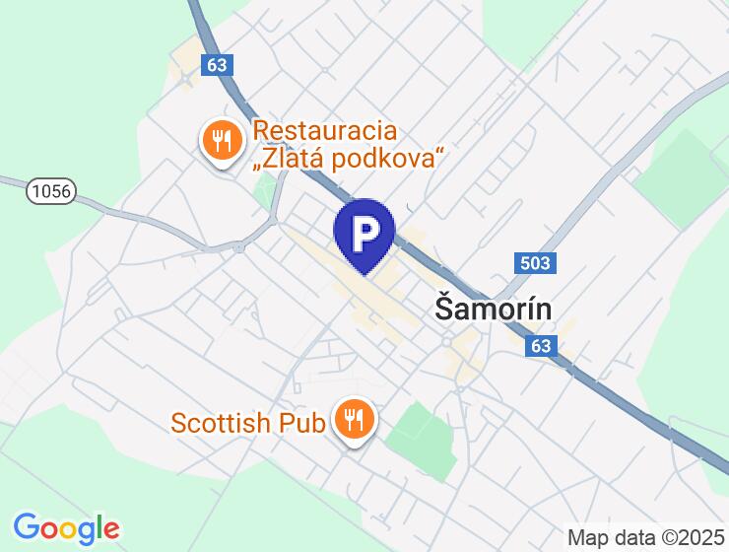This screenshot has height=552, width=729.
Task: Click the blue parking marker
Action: click(364, 235)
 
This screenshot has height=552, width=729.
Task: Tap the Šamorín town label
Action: click(493, 309)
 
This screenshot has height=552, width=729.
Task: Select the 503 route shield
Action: click(536, 262)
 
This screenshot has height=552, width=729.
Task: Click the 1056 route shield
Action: click(51, 190)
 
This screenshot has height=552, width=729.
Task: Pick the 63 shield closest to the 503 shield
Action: click(540, 346)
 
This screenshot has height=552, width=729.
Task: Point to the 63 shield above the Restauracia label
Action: click(218, 64)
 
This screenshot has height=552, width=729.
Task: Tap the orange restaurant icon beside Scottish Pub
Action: click(353, 420)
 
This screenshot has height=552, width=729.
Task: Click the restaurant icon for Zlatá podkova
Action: click(223, 141)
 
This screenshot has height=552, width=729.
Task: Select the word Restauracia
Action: click(324, 130)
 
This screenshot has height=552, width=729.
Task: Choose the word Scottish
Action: click(221, 423)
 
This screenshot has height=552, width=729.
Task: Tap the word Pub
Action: click(301, 423)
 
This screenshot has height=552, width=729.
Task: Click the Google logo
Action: click(66, 528)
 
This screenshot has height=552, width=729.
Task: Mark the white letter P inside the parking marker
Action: click(364, 232)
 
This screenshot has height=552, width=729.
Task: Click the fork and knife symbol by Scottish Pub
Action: click(353, 420)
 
